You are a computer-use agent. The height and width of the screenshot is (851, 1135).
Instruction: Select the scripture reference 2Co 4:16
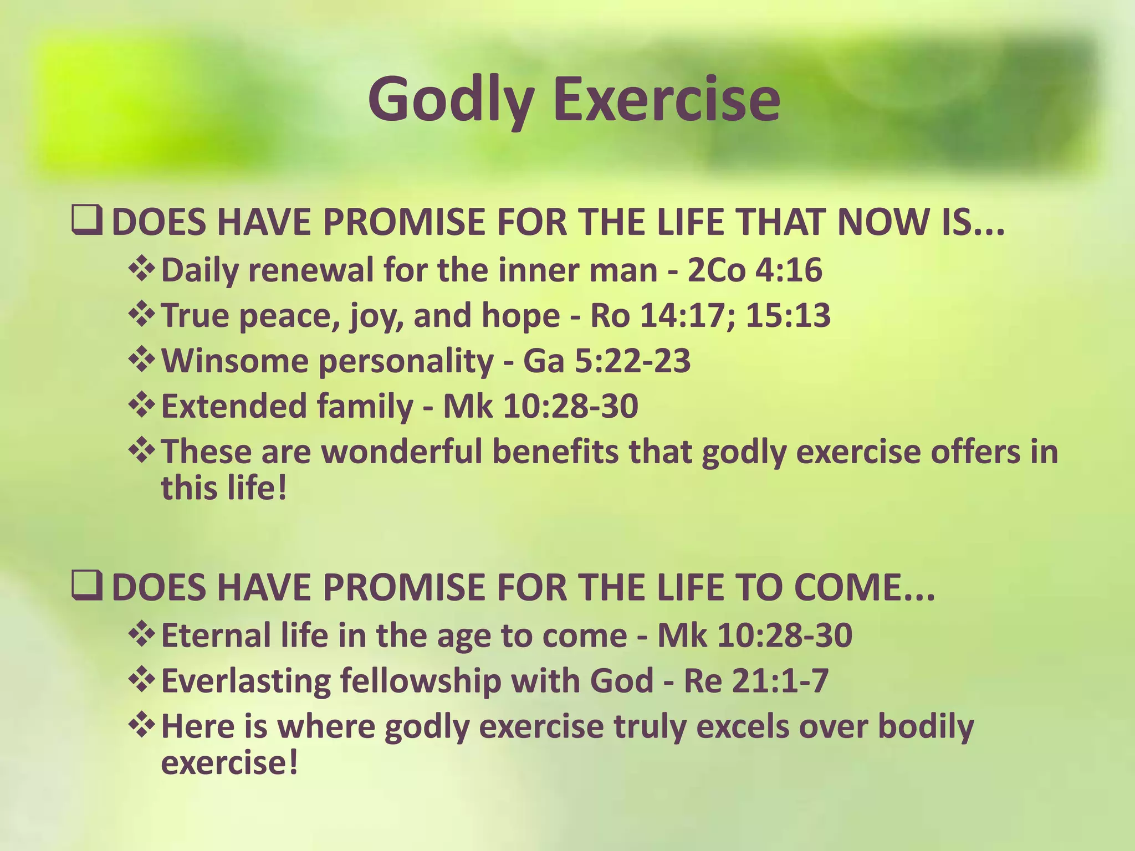pyautogui.click(x=754, y=270)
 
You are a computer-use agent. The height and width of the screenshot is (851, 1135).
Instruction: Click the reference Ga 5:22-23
pyautogui.click(x=607, y=361)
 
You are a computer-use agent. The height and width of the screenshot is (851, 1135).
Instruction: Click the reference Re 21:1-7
pyautogui.click(x=756, y=681)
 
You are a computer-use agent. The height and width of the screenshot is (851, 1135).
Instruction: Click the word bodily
pyautogui.click(x=926, y=726)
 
